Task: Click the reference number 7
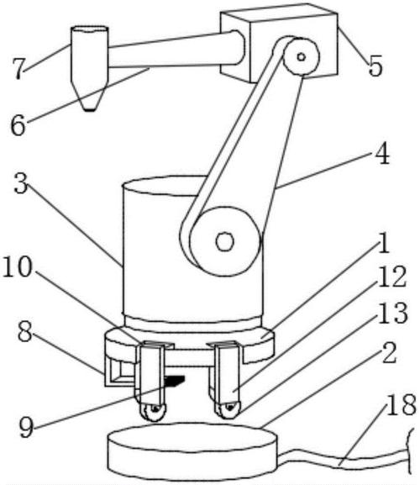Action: pyautogui.click(x=18, y=68)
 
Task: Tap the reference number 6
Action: pyautogui.click(x=18, y=125)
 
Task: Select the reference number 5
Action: pyautogui.click(x=375, y=66)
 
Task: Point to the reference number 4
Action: pyautogui.click(x=382, y=153)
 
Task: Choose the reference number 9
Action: pyautogui.click(x=26, y=427)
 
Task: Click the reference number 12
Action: pyautogui.click(x=392, y=277)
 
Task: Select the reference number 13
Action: pyautogui.click(x=393, y=313)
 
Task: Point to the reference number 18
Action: pyautogui.click(x=402, y=404)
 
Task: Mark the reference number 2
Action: pyautogui.click(x=390, y=353)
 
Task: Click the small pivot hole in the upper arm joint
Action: pyautogui.click(x=302, y=57)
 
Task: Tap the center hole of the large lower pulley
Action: pyautogui.click(x=225, y=241)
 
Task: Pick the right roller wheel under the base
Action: pyautogui.click(x=228, y=409)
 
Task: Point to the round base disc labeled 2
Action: pyautogui.click(x=192, y=451)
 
